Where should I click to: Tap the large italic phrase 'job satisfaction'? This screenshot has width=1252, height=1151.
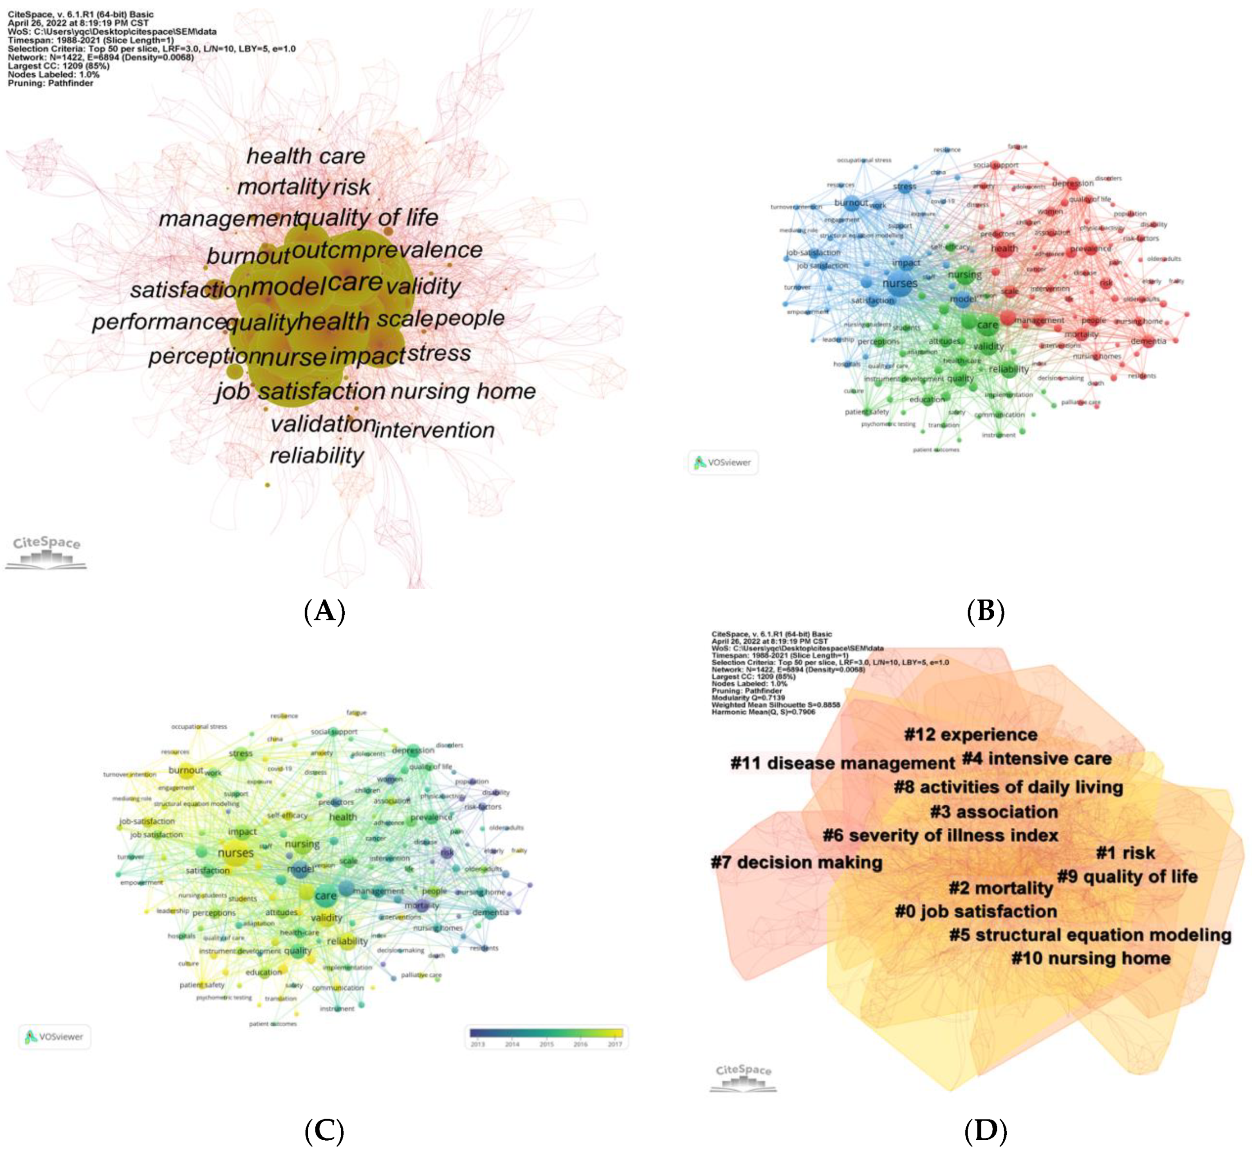(x=300, y=391)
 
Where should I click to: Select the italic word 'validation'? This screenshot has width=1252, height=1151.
(x=323, y=424)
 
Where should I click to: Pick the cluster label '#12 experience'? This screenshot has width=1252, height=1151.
(x=970, y=735)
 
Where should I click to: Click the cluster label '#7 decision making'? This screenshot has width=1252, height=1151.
(x=796, y=862)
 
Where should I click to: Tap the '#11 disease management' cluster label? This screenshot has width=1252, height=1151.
(x=842, y=763)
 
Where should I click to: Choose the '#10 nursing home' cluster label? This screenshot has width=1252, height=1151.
(x=1090, y=958)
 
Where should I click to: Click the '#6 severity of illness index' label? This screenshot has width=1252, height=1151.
(x=940, y=835)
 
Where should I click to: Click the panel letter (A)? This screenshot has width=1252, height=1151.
(x=324, y=612)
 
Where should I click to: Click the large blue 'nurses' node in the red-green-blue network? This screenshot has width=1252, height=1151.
(x=900, y=284)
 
